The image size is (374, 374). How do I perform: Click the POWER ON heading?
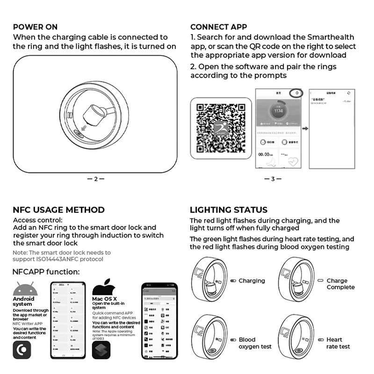[36, 27]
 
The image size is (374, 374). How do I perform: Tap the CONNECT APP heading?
[218, 27]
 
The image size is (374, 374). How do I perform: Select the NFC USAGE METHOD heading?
[58, 210]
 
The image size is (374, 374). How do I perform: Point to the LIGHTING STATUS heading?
[228, 210]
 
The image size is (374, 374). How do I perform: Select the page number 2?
[95, 179]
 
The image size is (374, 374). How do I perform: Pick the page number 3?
[273, 179]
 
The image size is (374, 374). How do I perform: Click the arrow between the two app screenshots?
[305, 128]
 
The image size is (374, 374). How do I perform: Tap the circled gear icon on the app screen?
[295, 93]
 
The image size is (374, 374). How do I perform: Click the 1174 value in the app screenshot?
[278, 110]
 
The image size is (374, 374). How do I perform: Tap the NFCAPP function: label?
[46, 272]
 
